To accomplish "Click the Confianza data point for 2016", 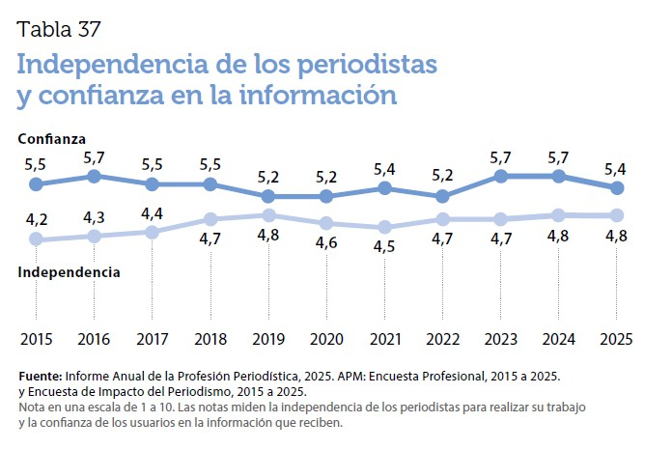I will pos(94,176).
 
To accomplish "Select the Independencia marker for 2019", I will pos(268,215).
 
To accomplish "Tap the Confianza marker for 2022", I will pos(442,196).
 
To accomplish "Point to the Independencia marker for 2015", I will pos(36,239).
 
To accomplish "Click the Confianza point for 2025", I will pos(617,187).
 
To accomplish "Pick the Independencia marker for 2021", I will pos(384,227).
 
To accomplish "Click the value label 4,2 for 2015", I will pos(36,218).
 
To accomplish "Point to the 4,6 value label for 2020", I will pos(326,243).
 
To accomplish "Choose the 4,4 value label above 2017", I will pos(152,212).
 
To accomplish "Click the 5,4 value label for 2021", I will pos(384,170).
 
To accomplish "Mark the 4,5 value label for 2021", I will pos(384,247).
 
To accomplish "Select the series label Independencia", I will pos(70,272).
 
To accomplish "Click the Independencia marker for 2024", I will pos(559,215).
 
